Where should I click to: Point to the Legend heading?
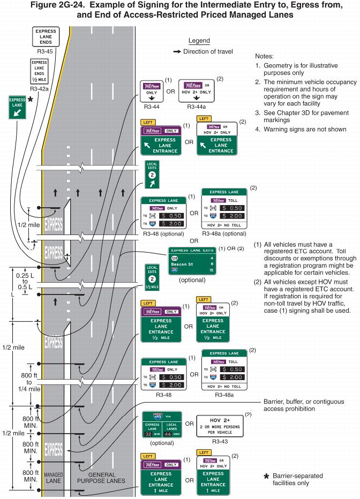coord(199,41)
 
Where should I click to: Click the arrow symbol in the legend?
coord(177,51)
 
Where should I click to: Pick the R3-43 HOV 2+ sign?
coord(219,426)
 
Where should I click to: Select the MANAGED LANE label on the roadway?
coord(54,478)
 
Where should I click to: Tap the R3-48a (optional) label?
coord(224,234)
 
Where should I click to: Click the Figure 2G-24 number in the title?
coord(93,6)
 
